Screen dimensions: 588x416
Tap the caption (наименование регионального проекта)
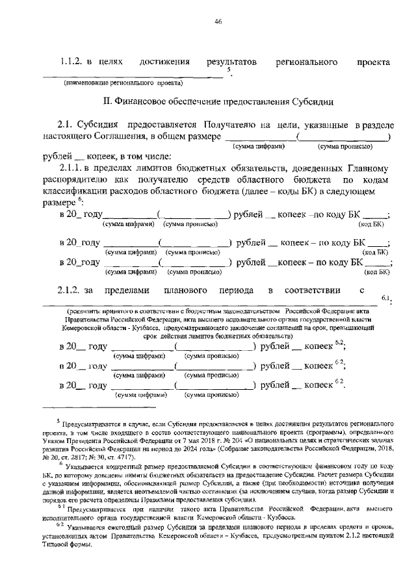[x=123, y=84]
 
